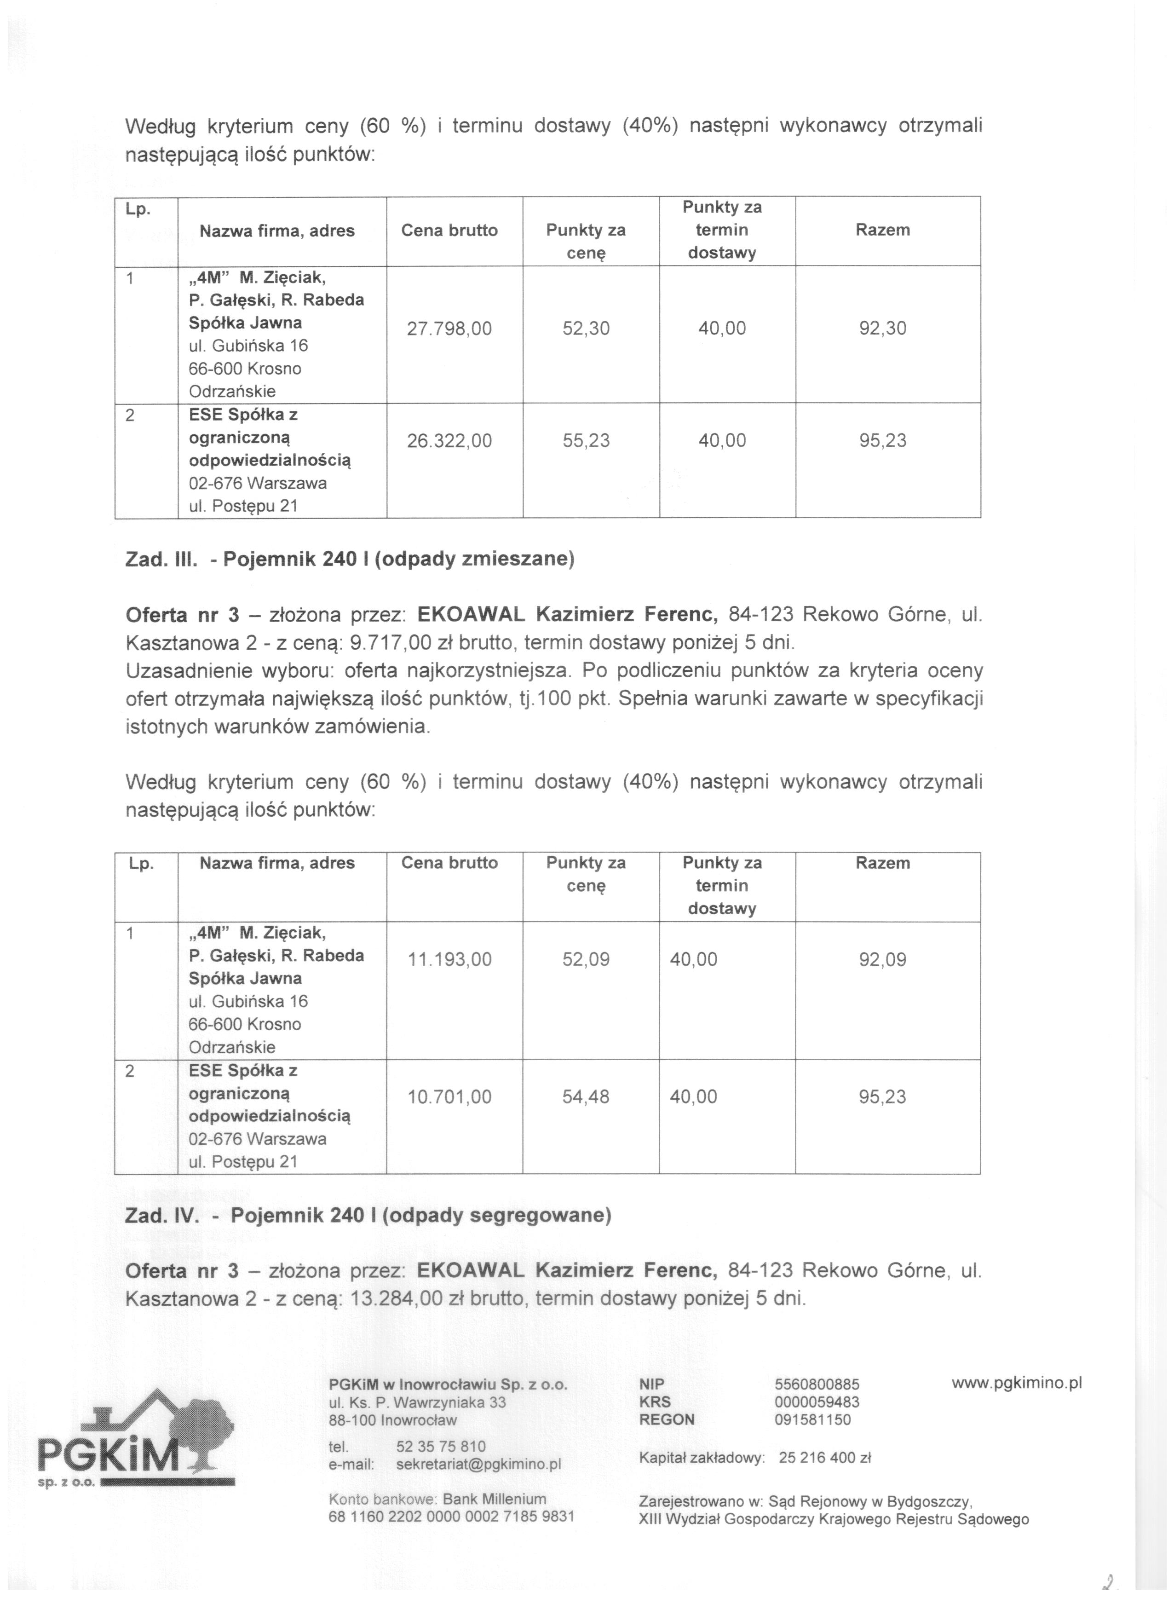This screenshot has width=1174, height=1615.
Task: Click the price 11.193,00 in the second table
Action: pos(449,959)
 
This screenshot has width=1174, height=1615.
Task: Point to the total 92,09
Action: pos(883,959)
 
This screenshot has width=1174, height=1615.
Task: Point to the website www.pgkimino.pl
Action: pos(1017,1382)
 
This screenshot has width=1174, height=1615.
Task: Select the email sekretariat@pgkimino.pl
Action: pos(478,1464)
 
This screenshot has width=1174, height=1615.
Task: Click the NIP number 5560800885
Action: pos(817,1384)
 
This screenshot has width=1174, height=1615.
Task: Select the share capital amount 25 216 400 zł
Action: pos(825,1458)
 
